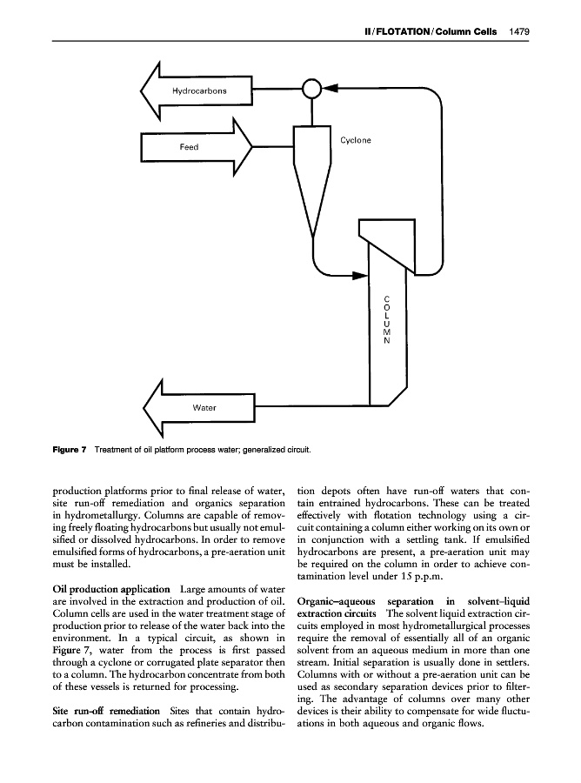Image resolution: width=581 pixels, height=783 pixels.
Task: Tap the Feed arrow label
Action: (189, 147)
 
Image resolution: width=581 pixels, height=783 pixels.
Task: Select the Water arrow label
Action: (204, 407)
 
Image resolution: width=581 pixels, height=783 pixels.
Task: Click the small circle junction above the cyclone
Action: (311, 89)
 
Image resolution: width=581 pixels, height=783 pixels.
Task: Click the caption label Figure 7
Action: (68, 449)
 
